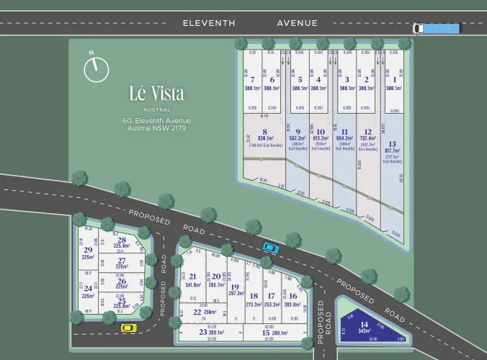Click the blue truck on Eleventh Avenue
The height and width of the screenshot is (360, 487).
point(436,29)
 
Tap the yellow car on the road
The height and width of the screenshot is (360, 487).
point(128,328)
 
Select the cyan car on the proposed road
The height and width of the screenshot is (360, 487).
point(270,247)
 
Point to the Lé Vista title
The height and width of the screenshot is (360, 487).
point(156,94)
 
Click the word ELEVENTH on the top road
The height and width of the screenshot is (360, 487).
point(209,23)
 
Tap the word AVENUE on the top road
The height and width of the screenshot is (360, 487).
point(298,23)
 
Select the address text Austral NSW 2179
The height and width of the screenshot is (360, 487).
point(156,128)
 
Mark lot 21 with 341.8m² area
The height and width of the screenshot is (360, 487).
point(192,280)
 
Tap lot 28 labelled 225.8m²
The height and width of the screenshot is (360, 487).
point(121,243)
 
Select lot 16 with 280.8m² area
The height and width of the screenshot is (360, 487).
point(292,300)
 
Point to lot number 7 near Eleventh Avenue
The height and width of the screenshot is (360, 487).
point(252,84)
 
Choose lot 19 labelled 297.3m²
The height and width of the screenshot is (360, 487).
point(235,289)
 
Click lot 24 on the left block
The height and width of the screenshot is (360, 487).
point(89,292)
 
